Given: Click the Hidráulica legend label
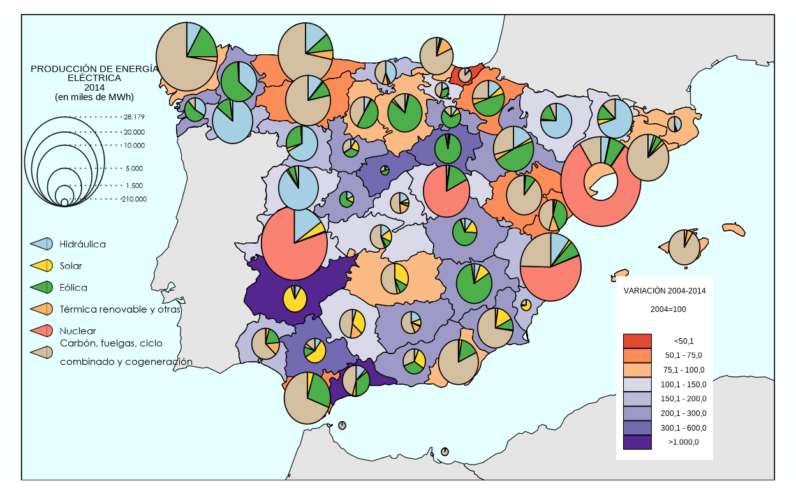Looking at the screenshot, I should (82, 244).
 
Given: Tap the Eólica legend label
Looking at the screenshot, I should (73, 288).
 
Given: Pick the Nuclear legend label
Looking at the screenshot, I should (78, 331).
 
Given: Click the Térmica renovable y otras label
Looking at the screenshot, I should (120, 309).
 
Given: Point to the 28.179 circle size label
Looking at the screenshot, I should (135, 117).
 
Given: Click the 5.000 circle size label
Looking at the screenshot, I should (134, 168).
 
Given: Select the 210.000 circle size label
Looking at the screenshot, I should (134, 199).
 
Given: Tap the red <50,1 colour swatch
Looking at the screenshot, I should (637, 341).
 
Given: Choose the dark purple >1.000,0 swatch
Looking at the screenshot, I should (637, 442).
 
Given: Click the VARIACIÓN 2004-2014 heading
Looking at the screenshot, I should (664, 290).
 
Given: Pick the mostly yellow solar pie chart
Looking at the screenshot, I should (295, 298).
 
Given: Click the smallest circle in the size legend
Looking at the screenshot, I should (64, 203).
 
